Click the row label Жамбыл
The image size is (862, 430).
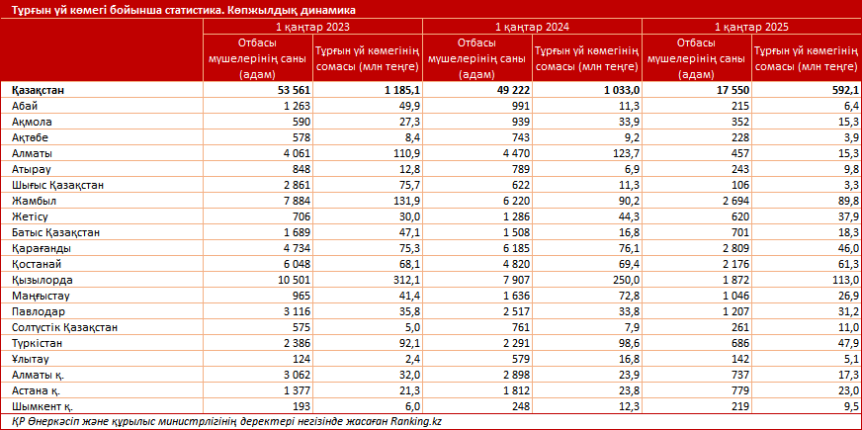[34, 201]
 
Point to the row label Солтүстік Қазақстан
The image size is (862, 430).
[65, 327]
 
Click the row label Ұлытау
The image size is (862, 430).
[31, 359]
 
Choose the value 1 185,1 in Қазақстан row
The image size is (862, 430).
[400, 90]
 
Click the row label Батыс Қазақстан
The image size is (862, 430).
[56, 232]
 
